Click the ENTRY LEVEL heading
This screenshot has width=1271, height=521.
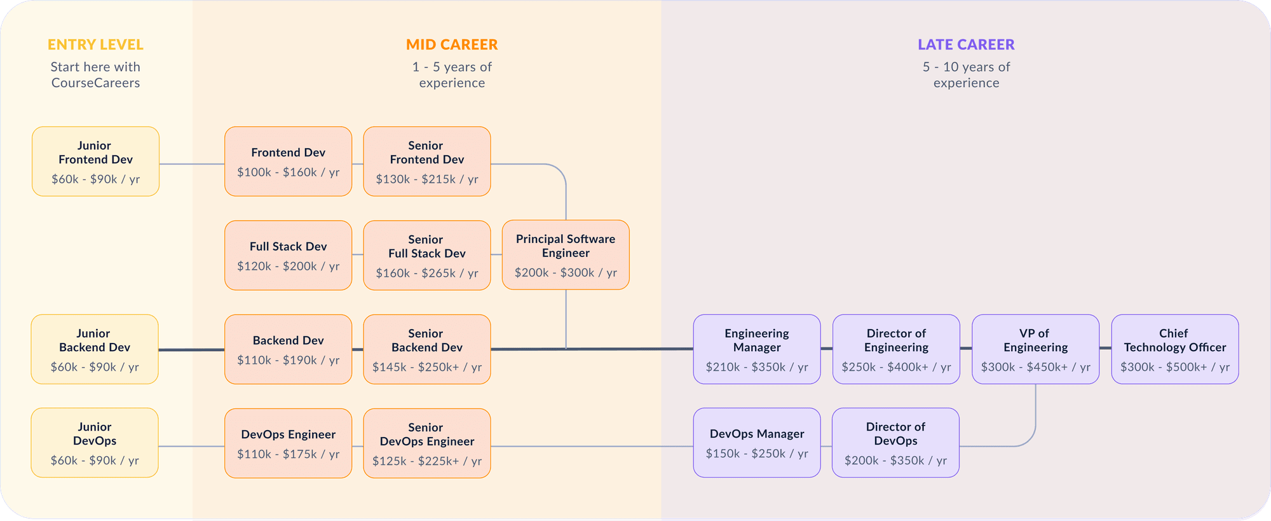point(95,45)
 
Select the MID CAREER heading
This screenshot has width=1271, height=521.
point(452,45)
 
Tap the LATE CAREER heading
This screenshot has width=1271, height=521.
point(966,45)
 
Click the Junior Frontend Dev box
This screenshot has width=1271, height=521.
point(95,161)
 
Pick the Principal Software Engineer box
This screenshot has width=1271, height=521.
point(566,254)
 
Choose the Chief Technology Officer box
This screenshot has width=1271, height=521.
point(1174,349)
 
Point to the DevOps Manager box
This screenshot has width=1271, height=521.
point(756,442)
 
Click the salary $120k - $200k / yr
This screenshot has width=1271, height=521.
point(288,266)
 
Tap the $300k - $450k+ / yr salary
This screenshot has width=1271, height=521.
point(1035,367)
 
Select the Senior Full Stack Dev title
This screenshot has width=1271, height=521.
point(426,246)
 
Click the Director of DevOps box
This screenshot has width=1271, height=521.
point(895,442)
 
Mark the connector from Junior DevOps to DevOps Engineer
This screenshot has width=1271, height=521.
point(191,446)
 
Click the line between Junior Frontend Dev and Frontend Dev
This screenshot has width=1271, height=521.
point(191,164)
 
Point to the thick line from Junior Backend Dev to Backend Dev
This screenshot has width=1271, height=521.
point(191,349)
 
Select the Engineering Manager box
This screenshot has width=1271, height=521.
point(756,349)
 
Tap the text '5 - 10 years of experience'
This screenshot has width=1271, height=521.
point(966,75)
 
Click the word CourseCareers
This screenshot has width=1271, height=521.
point(95,83)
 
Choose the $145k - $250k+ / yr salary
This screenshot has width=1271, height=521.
point(426,367)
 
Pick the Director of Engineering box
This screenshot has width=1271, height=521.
point(896,349)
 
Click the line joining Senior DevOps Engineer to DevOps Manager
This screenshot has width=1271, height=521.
point(591,446)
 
